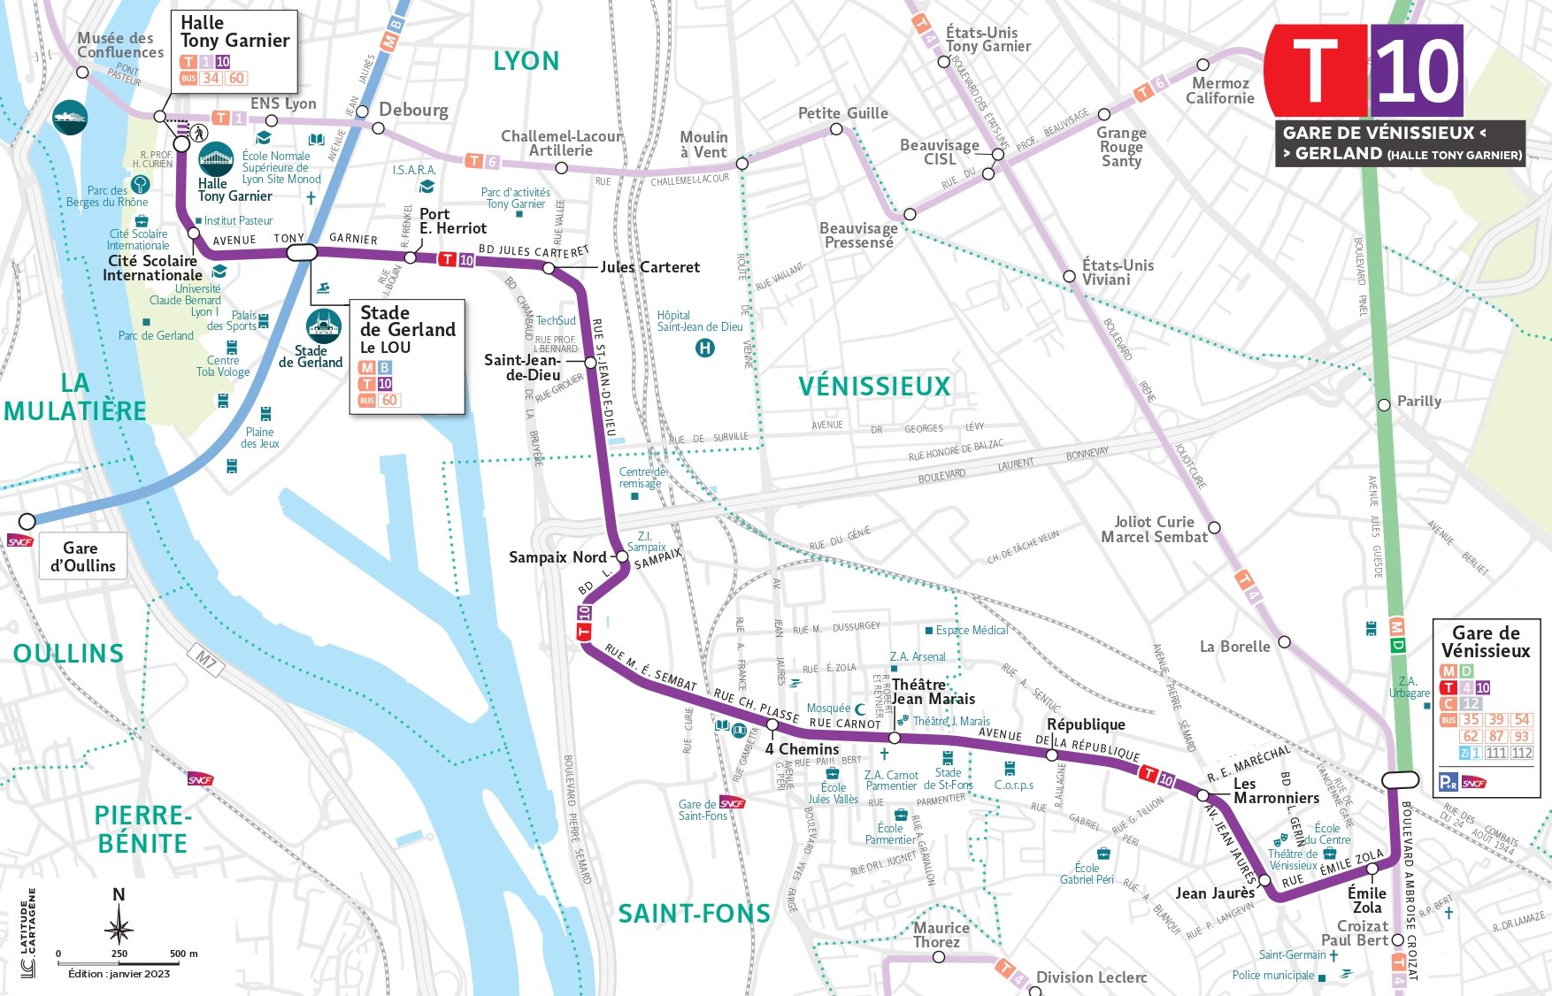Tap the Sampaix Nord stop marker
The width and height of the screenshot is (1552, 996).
622,556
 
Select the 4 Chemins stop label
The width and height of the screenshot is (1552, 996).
802,749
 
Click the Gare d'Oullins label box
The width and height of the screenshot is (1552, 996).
82,557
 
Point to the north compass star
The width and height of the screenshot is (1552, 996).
119,929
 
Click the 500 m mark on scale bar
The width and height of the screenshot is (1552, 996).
184,954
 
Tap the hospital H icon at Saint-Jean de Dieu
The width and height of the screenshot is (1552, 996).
704,348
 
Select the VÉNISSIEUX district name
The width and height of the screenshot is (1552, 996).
874,387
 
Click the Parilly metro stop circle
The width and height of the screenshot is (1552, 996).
1384,405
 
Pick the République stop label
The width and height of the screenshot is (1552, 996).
1086,724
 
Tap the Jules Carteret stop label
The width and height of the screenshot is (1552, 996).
649,267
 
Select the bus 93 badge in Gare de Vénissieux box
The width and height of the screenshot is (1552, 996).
1521,736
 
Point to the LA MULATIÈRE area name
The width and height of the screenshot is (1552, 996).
75,397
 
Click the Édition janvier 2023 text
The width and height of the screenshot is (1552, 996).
119,974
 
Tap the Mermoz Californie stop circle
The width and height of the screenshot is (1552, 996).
1202,65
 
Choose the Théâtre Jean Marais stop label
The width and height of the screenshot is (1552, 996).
933,692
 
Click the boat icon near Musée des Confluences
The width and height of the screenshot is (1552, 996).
70,117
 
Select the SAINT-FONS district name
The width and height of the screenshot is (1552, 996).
694,914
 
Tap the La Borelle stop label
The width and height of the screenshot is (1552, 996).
1234,647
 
